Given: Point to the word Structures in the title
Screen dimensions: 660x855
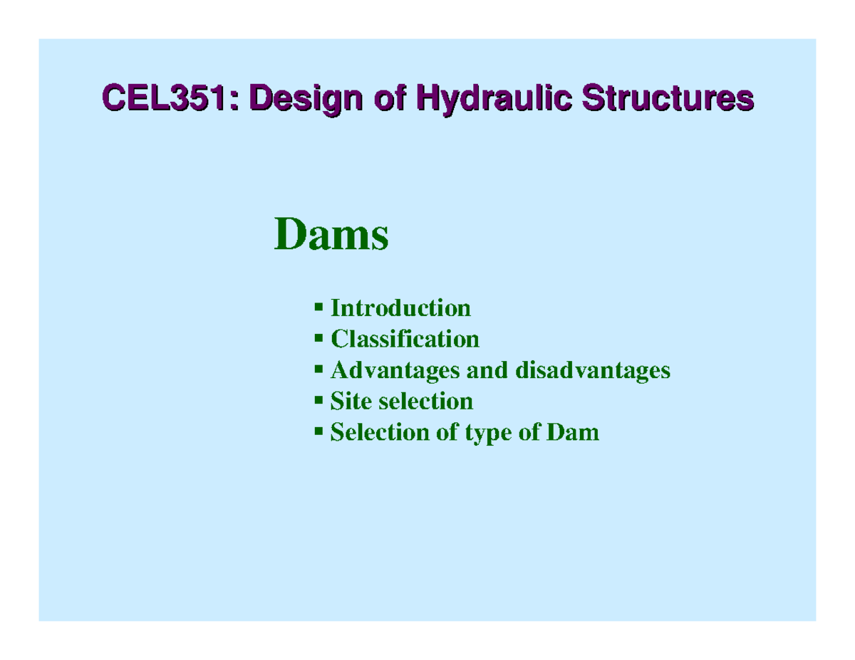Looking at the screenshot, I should (667, 99).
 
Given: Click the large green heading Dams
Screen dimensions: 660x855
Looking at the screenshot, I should (331, 235).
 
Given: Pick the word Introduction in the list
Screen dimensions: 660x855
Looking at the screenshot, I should (400, 308).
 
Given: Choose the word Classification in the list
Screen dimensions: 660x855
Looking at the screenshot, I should (405, 339).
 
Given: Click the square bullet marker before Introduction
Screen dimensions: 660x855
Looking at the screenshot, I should (319, 308).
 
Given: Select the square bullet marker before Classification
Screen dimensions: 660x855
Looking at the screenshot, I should (319, 338).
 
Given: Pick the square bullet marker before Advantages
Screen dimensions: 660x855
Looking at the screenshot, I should (319, 370).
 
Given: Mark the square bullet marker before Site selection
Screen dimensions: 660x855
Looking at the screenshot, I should (319, 400).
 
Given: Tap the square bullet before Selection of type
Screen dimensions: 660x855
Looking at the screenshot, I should (319, 431).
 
